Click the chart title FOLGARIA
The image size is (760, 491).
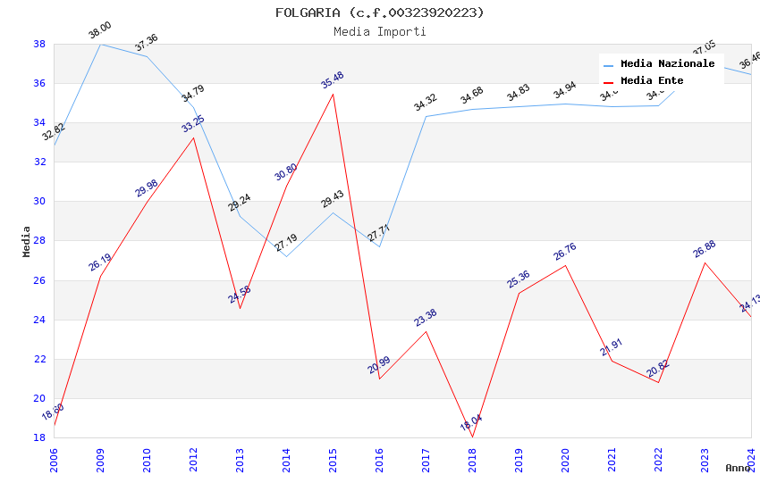379,12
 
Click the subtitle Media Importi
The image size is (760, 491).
379,31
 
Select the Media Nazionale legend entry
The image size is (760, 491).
667,63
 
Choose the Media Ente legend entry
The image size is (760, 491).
652,80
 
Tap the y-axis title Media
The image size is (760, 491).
27,241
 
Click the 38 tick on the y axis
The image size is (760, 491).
39,44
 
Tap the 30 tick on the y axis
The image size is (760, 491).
39,201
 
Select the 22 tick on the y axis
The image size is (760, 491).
39,359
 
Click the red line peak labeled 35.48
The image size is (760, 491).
333,94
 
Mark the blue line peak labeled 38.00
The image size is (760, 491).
100,44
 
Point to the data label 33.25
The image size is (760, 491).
193,123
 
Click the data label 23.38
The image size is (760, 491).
426,317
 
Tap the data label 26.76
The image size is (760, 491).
565,251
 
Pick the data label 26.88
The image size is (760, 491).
705,248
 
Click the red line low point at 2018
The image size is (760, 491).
472,437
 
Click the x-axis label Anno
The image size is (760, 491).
738,468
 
